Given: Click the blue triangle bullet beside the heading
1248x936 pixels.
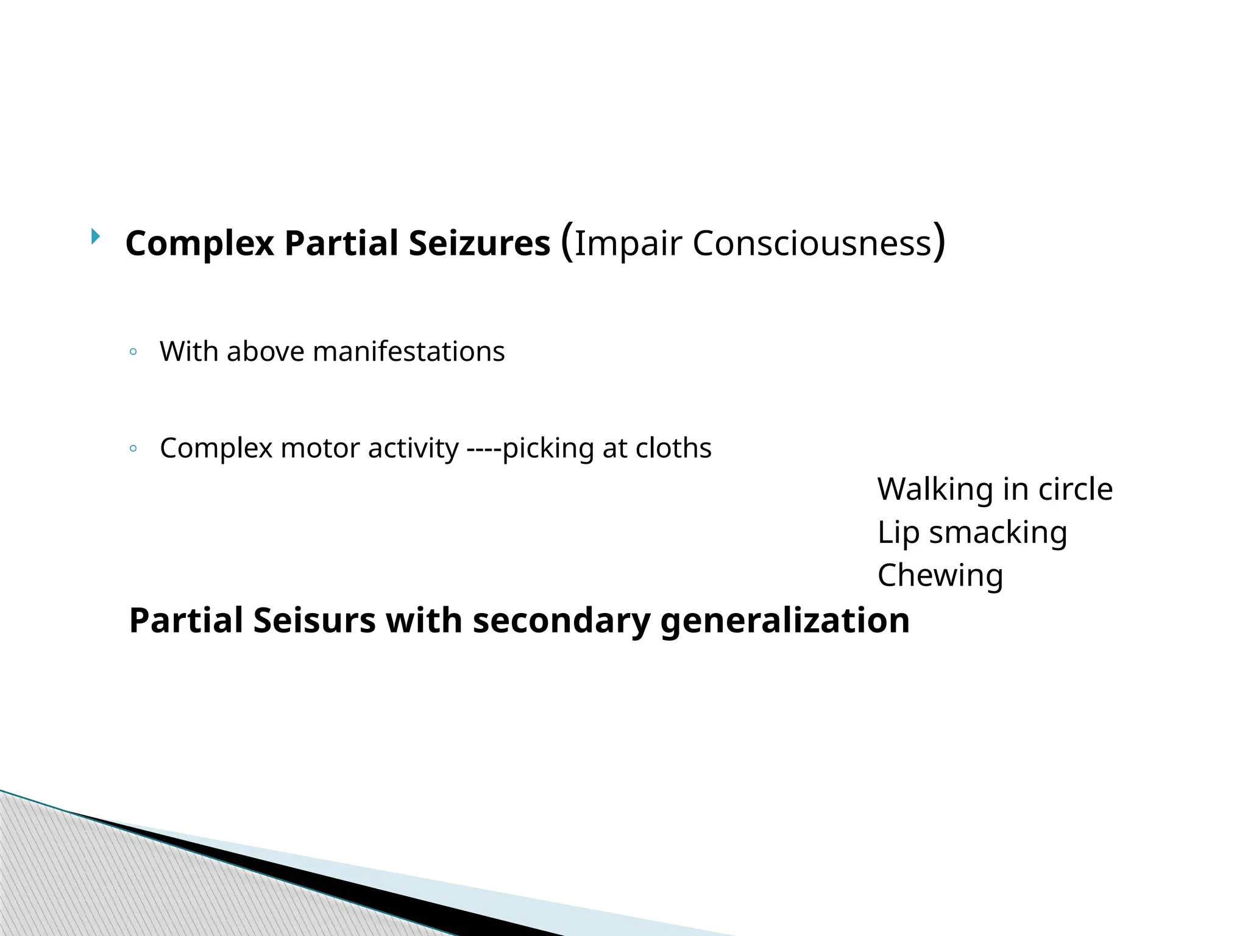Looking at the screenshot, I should pyautogui.click(x=96, y=236).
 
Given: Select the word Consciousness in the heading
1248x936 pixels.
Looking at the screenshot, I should pyautogui.click(x=812, y=243).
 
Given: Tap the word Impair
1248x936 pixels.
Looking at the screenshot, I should pyautogui.click(x=628, y=243).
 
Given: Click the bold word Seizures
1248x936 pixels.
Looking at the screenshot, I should pyautogui.click(x=479, y=243).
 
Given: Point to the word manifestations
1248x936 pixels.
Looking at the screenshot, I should pyautogui.click(x=408, y=352).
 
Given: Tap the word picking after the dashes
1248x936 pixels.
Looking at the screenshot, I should pyautogui.click(x=548, y=448).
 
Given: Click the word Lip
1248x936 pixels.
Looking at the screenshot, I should pyautogui.click(x=898, y=533).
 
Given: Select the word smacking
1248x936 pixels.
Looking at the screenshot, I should pyautogui.click(x=998, y=533).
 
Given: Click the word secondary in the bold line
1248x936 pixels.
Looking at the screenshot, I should pyautogui.click(x=561, y=621).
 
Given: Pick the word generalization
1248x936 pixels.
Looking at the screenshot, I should pyautogui.click(x=785, y=621).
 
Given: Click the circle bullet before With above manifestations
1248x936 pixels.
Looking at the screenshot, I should pyautogui.click(x=133, y=352).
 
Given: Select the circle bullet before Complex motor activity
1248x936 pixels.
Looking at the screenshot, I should pyautogui.click(x=133, y=449).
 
